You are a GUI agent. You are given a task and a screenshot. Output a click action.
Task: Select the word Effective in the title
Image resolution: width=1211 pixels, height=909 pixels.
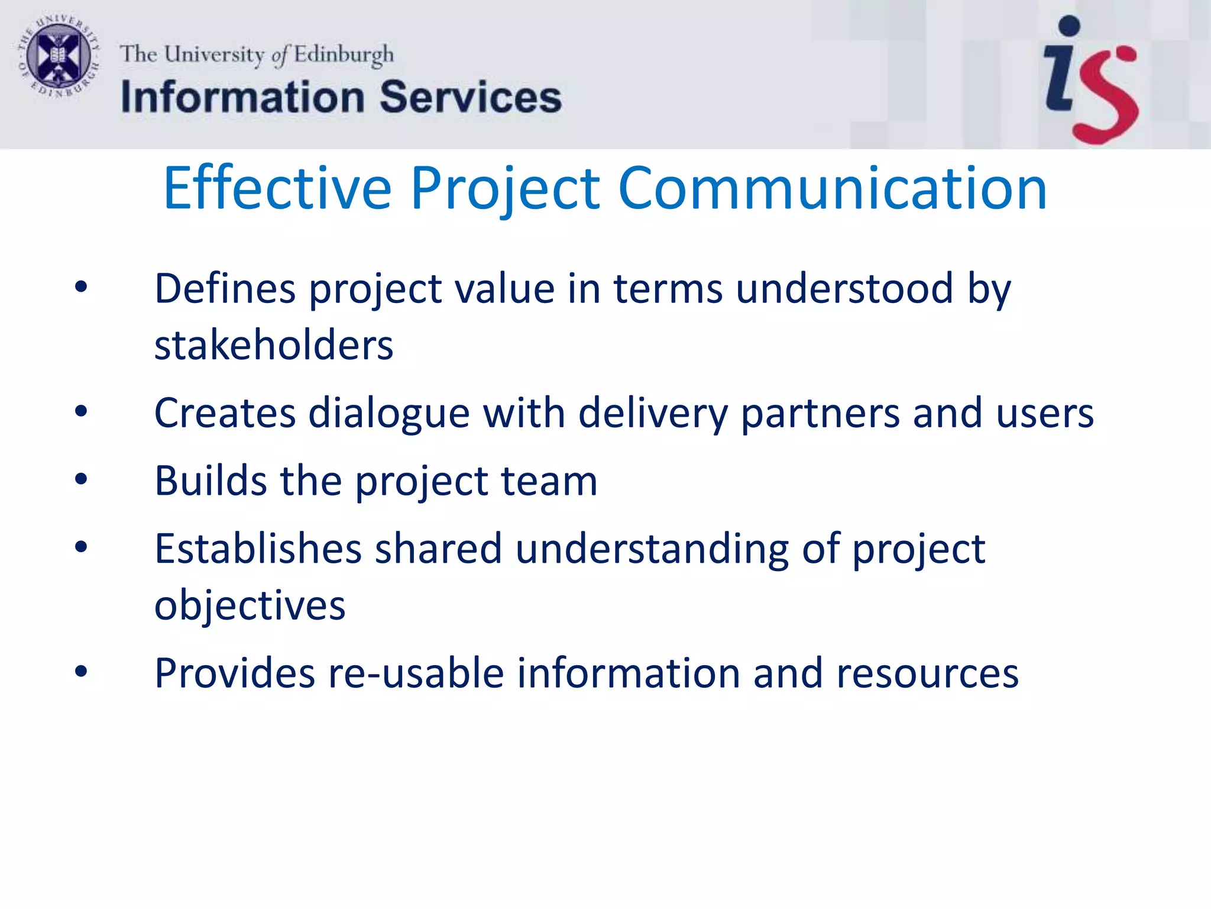pyautogui.click(x=277, y=188)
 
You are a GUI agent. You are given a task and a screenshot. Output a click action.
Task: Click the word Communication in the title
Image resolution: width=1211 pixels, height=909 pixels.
pyautogui.click(x=832, y=188)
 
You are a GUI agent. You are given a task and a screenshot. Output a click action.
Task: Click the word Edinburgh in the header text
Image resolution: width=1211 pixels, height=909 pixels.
pyautogui.click(x=344, y=55)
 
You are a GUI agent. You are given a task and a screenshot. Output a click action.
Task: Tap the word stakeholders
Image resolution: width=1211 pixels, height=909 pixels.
pyautogui.click(x=274, y=345)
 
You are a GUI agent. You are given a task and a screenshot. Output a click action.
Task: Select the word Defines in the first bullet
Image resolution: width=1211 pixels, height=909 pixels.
pyautogui.click(x=225, y=289)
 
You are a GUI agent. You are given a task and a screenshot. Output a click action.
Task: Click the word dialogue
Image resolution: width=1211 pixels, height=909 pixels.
pyautogui.click(x=389, y=413)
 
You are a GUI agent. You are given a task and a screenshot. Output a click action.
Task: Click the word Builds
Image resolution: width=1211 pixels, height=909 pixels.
pyautogui.click(x=211, y=481)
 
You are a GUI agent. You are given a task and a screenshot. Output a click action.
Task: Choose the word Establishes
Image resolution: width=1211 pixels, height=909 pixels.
pyautogui.click(x=258, y=549)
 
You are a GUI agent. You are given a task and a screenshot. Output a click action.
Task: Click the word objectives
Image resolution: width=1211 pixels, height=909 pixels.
pyautogui.click(x=250, y=606)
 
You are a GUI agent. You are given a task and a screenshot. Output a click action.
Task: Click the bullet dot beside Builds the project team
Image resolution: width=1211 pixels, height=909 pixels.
pyautogui.click(x=81, y=479)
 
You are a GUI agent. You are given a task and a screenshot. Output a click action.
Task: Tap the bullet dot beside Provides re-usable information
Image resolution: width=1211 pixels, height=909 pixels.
pyautogui.click(x=81, y=672)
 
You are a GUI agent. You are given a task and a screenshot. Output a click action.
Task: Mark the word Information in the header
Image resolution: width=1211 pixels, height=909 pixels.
pyautogui.click(x=242, y=98)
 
